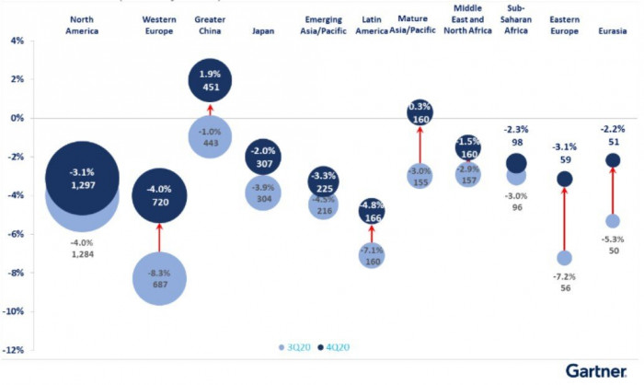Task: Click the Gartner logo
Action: click(598, 369)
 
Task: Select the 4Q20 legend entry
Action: click(332, 347)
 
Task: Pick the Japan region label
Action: click(263, 30)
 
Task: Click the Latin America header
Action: click(372, 24)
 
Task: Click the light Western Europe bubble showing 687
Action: click(160, 277)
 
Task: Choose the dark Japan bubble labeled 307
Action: click(263, 157)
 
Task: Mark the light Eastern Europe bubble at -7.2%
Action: click(564, 258)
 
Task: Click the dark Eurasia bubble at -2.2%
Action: click(612, 160)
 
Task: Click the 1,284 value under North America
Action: click(82, 254)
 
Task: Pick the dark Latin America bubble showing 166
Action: click(372, 212)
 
